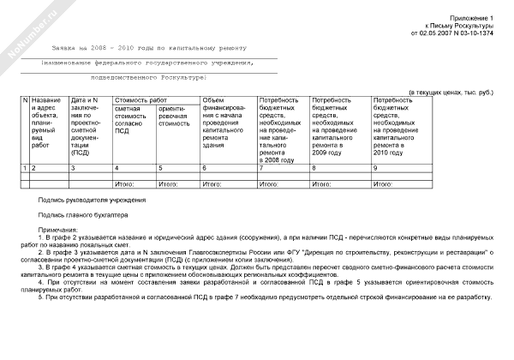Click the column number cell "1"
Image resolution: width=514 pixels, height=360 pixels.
(24, 168)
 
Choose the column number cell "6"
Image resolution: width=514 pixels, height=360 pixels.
(205, 168)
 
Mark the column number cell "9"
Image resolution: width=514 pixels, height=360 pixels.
(376, 168)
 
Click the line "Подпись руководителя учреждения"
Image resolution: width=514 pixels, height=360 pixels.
(92, 200)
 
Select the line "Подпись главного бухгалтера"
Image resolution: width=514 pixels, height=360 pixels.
(83, 215)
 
